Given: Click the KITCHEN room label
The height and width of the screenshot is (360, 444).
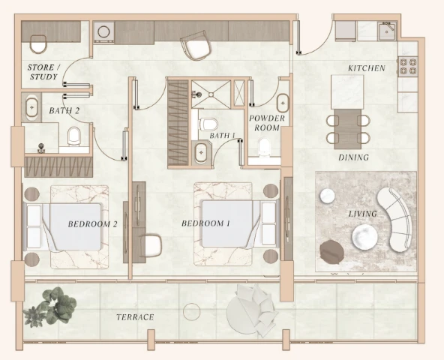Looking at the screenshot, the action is point(367,68).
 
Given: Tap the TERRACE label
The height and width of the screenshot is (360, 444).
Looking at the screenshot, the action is point(135,317).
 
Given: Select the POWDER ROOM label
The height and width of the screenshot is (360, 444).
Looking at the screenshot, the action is point(267,123).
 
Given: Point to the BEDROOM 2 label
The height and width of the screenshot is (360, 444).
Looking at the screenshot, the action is point(92,224).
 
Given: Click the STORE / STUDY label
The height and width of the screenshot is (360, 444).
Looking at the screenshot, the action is point(44,72).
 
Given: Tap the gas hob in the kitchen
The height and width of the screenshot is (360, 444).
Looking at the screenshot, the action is point(408,67).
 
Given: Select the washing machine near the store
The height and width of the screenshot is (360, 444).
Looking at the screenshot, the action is point(104,32).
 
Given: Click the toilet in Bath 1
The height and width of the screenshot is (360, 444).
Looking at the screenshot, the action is point(208,124).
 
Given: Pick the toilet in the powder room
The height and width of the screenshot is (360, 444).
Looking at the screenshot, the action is point(264,146).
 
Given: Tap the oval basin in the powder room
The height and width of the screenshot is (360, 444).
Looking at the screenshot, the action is point(283,103).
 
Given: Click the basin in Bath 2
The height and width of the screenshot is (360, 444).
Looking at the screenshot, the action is point(31,108).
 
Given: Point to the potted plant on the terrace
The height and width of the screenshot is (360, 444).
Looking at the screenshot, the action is point(50,307).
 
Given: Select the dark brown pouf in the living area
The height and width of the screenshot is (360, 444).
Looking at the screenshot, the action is point(331,252).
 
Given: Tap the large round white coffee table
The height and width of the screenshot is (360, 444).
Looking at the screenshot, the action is point(364,237).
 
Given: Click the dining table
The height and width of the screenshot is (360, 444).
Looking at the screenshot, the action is point(347,129).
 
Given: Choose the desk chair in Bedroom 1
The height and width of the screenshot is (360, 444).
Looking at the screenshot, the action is point(151,245).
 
